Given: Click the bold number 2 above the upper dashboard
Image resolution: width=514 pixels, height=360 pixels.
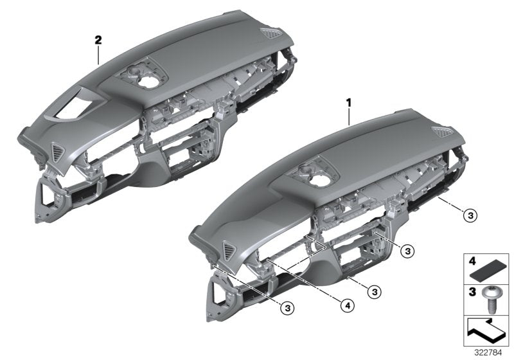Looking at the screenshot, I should (98, 40).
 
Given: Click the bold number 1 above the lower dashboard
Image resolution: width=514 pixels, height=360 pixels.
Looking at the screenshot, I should (349, 102).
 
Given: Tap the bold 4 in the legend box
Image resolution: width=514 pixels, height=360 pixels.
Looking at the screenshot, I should (471, 262).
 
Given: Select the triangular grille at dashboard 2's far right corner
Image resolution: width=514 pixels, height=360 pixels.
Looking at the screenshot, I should (268, 35).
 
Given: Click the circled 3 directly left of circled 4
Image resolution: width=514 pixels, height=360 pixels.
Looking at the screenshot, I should (288, 308).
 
